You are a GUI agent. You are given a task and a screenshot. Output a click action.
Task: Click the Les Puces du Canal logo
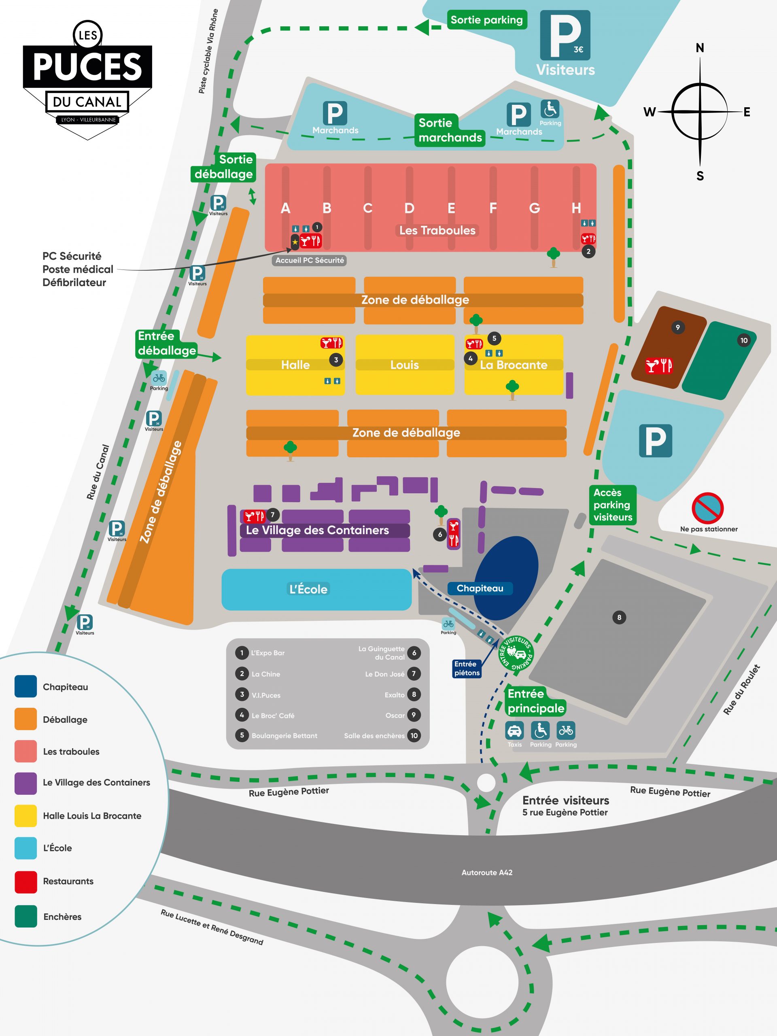coord(87,80)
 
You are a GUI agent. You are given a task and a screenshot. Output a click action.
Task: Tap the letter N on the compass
coord(700,48)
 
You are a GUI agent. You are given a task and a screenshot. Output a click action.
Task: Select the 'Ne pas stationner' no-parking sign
coord(708,508)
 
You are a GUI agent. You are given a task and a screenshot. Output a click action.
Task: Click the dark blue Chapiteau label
coord(480,588)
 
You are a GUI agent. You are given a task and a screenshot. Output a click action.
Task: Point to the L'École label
coord(309,589)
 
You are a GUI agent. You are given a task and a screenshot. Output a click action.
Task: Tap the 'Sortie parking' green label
coord(486,20)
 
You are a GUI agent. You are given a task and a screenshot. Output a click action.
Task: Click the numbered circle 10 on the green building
coord(744,340)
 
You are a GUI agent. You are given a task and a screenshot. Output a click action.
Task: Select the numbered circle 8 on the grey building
coord(619,617)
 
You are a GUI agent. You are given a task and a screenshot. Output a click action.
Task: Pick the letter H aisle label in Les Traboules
coord(576,208)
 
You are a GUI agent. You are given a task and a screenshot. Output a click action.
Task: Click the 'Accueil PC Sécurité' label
coord(310,260)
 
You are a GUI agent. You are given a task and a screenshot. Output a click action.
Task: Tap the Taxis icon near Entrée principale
coord(514,730)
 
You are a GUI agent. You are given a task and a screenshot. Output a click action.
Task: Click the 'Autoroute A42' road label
coord(487,873)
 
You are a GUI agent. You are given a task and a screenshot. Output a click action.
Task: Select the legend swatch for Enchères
coord(26,917)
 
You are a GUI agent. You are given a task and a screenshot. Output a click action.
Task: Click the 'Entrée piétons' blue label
coord(467,669)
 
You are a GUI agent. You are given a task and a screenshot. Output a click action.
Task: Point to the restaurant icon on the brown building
coord(659,365)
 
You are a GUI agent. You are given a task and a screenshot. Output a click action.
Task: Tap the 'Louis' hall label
coord(405,365)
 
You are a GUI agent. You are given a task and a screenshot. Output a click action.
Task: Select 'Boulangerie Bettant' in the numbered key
coord(284,736)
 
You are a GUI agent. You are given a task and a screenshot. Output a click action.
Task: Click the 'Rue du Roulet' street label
coord(742,690)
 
